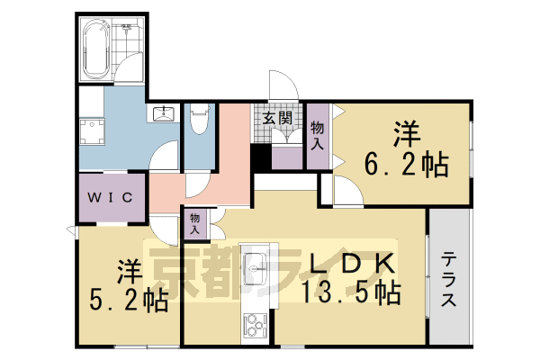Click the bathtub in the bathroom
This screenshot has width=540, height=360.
[95, 45]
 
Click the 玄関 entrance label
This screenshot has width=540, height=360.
[277, 118]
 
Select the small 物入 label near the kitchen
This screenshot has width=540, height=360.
[197, 222]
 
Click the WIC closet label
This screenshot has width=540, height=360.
[111, 197]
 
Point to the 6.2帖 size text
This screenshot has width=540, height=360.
[407, 165]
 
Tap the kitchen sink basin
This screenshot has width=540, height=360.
[256, 266]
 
